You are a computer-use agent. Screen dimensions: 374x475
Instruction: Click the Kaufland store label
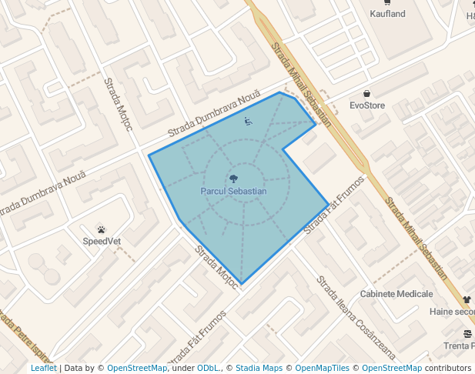click(386, 14)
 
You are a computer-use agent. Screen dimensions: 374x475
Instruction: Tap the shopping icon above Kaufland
click(386, 2)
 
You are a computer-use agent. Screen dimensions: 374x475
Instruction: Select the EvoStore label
click(367, 105)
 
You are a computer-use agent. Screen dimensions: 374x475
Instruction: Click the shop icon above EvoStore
click(367, 93)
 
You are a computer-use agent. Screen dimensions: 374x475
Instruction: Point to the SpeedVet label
click(102, 241)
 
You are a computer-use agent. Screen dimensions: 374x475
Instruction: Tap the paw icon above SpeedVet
click(102, 229)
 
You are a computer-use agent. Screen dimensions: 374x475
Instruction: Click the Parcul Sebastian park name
click(233, 191)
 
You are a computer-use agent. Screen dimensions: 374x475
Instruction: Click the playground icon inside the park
click(248, 121)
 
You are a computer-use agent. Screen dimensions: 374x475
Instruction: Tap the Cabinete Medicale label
click(396, 294)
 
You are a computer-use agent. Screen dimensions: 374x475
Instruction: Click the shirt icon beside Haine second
click(467, 299)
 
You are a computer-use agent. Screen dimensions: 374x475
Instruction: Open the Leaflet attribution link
click(43, 368)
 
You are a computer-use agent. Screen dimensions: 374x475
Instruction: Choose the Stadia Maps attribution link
click(259, 368)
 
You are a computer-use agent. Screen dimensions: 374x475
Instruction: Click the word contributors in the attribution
click(448, 368)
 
